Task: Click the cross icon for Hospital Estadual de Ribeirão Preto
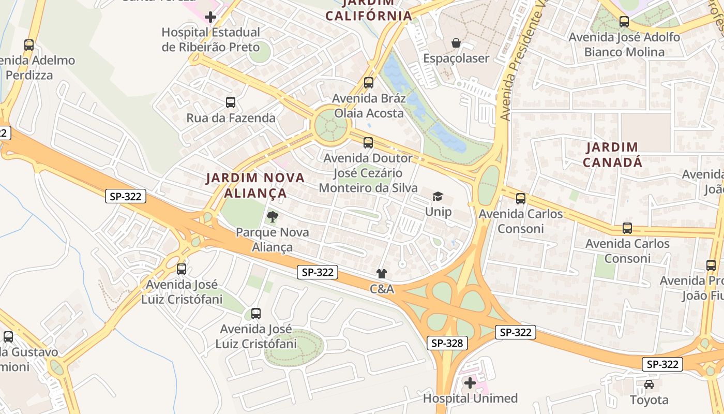[210, 17]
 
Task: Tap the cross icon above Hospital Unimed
[470, 383]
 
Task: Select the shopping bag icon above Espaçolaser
[456, 43]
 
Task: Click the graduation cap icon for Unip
[438, 196]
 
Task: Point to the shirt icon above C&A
[382, 273]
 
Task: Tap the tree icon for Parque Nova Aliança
[272, 217]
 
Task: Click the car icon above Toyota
[649, 385]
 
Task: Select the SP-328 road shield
[447, 343]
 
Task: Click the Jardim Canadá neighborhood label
[612, 155]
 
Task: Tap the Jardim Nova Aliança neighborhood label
[255, 185]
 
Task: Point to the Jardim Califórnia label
[369, 10]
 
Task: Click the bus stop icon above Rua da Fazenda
[231, 102]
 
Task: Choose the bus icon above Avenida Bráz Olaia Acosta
[369, 82]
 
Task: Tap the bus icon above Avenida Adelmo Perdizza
[29, 45]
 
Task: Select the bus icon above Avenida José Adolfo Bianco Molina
[624, 22]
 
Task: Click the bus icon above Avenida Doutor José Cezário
[368, 142]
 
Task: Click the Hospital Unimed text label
[470, 398]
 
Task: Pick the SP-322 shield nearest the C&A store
[318, 272]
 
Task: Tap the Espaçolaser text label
[456, 58]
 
